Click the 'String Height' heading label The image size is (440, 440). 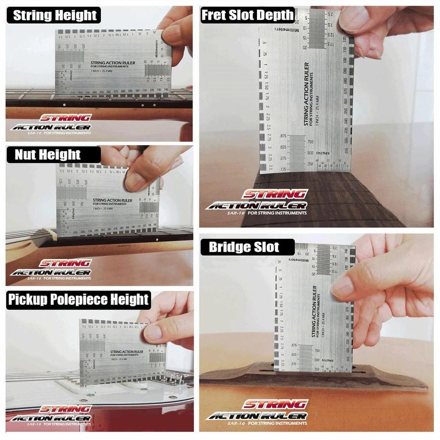pos(55,15)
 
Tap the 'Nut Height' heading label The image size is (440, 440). pos(48,154)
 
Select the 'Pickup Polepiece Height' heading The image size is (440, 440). pos(78,299)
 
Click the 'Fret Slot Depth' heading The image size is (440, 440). pos(247,15)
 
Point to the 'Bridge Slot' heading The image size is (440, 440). pos(244,247)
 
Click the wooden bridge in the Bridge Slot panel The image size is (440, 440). pos(314,378)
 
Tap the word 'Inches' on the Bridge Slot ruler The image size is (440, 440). pos(327,361)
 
